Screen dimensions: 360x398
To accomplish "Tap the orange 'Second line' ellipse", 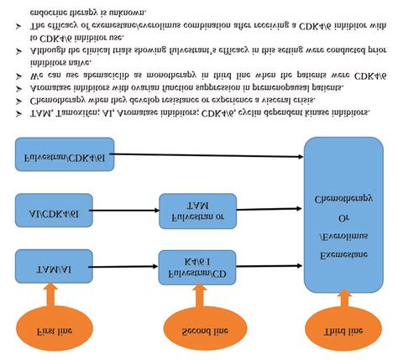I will [x=195, y=331].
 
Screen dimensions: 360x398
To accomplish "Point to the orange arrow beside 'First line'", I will [x=52, y=295].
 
